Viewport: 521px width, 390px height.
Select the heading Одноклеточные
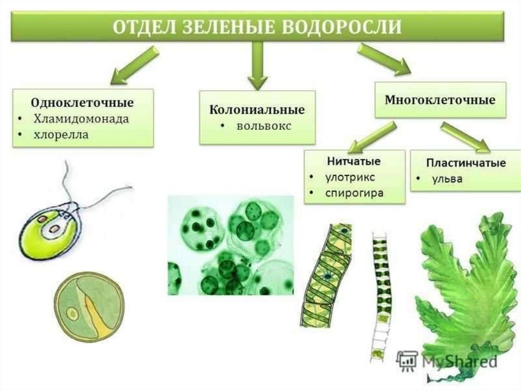82,103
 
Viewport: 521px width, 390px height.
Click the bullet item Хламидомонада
81,119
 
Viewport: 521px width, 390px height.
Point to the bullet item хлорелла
61,135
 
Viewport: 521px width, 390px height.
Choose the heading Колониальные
257,110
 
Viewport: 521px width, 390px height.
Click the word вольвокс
264,126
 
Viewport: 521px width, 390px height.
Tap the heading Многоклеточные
440,100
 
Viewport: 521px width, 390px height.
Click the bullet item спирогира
354,194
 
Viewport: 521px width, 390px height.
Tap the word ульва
447,179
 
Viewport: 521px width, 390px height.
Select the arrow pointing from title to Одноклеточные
133,65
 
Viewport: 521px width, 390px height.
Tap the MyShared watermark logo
446,361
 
